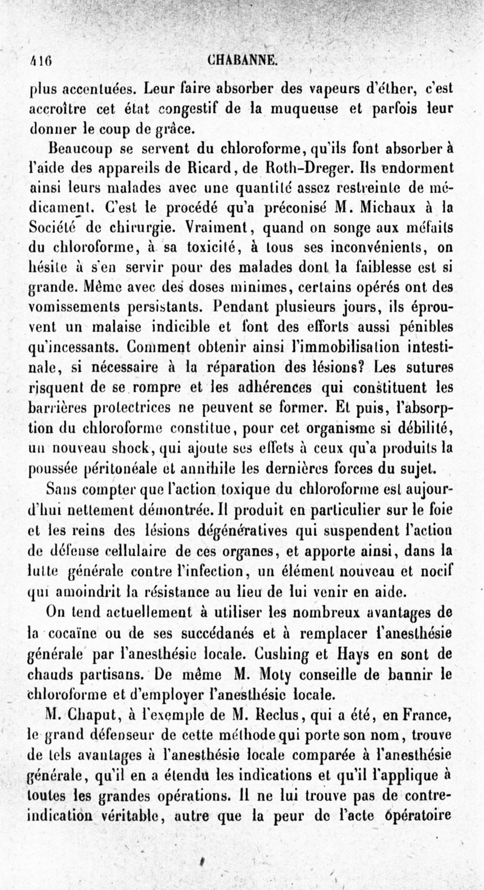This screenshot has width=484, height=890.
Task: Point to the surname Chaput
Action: click(92, 718)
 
